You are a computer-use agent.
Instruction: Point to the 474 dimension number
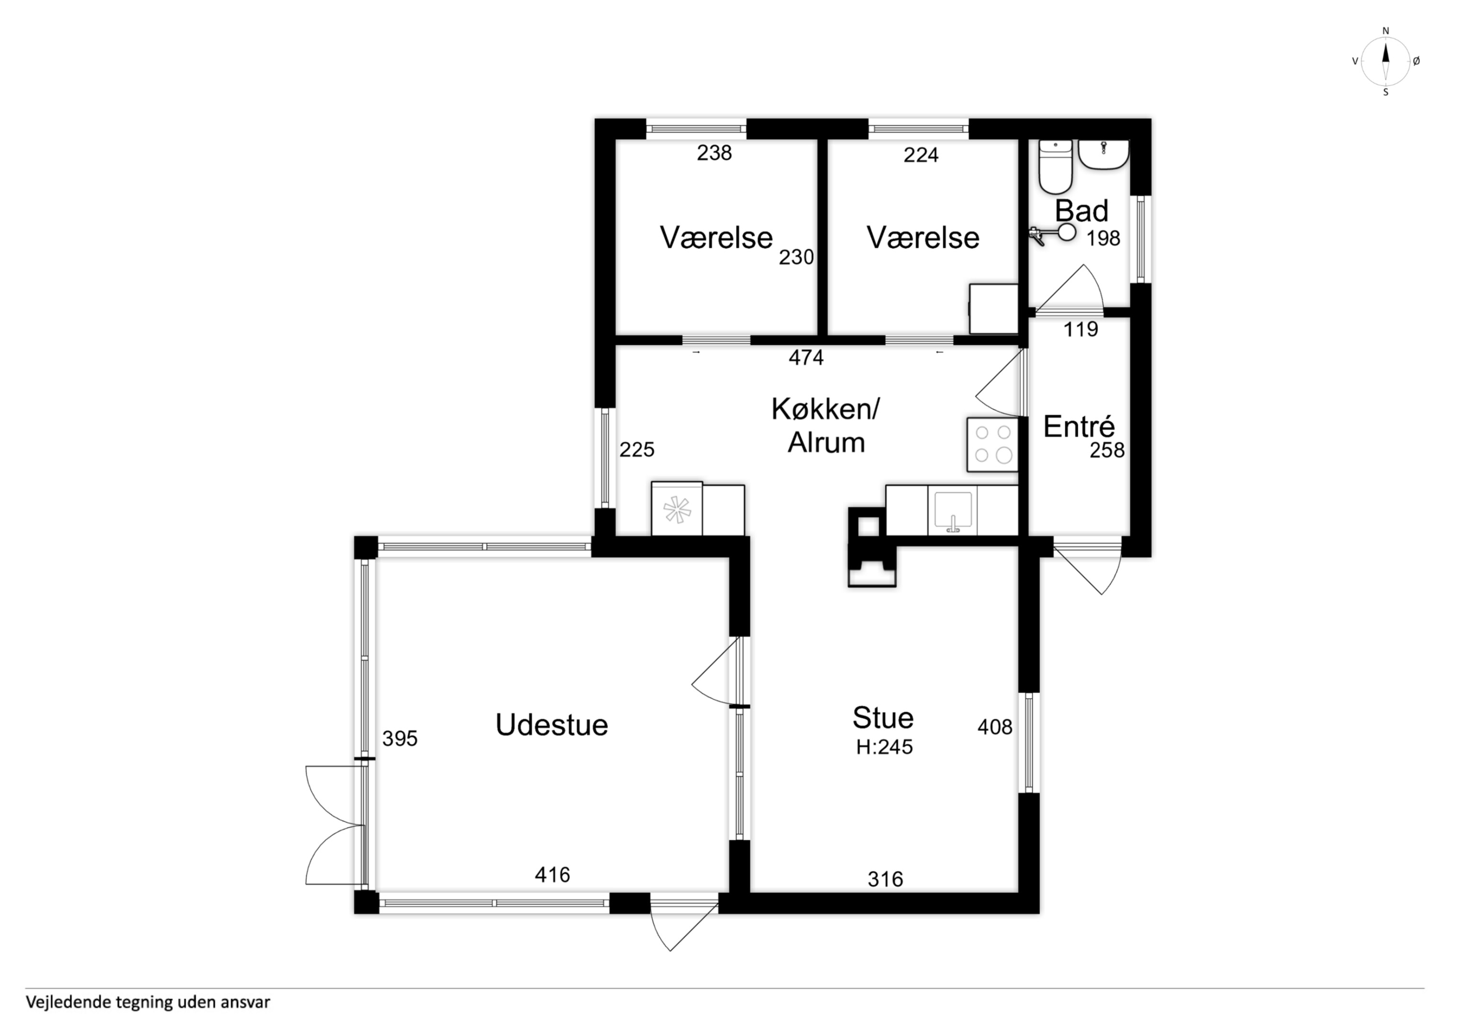[806, 358]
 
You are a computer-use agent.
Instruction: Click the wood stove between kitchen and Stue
[872, 546]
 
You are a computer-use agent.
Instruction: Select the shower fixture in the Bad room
[1052, 235]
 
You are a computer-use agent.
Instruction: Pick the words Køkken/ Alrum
[826, 425]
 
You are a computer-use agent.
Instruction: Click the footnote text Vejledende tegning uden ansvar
[148, 1002]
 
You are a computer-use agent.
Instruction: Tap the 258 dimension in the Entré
[1107, 451]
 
